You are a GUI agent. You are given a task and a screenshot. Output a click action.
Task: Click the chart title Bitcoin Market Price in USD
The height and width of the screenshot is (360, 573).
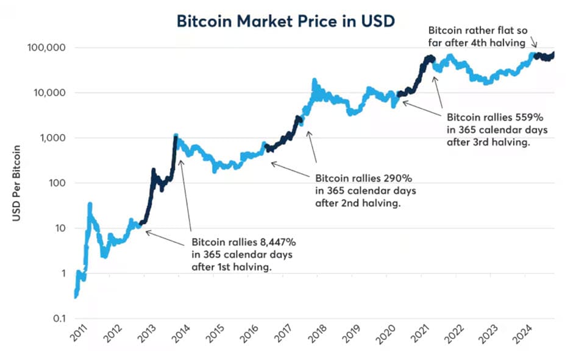(x=286, y=21)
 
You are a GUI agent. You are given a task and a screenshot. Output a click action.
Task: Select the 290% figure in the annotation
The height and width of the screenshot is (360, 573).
(x=399, y=179)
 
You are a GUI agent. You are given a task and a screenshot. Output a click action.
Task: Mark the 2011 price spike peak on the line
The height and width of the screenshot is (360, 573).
(x=90, y=204)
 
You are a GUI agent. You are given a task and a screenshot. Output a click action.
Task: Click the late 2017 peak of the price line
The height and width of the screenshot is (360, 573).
(x=314, y=80)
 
